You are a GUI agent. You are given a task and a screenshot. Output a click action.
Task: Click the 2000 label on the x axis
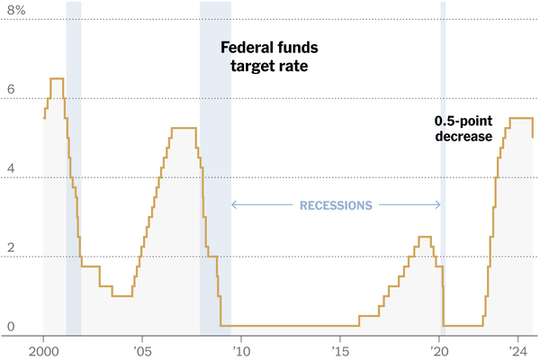coord(43,350)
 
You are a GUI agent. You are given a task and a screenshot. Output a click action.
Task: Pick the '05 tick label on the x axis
coord(141,350)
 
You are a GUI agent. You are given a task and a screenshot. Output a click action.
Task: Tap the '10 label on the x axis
coord(240,350)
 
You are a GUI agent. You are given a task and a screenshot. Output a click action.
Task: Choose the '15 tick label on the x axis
coord(339,350)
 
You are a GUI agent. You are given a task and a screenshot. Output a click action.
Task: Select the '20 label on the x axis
coord(438,350)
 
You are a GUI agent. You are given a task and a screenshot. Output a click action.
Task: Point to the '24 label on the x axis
coord(517,350)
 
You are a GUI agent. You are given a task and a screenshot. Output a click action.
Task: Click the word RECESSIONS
coord(336,205)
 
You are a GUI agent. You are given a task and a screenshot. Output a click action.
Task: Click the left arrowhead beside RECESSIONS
coord(234,205)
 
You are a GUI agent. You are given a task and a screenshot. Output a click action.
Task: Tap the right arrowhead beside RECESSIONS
coord(438,205)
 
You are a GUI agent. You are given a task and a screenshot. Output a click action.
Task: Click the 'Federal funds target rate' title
coord(270,56)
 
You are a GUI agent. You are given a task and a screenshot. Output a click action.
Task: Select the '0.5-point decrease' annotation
coord(463,129)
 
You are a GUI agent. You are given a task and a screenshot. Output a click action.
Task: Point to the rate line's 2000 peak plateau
coord(56,79)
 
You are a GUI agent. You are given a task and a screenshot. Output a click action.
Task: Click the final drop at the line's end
coord(533,128)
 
